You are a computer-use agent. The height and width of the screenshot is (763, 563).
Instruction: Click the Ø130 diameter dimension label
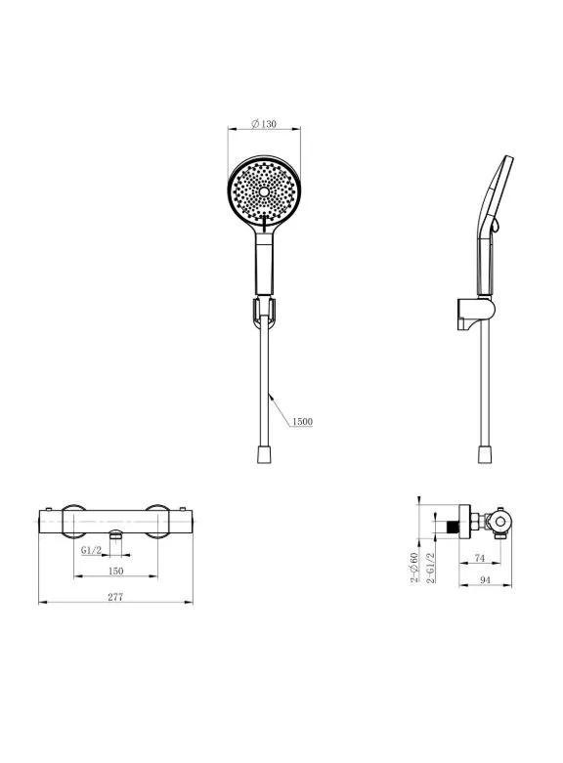(264, 124)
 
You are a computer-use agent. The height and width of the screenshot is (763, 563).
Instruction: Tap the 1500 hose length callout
(302, 421)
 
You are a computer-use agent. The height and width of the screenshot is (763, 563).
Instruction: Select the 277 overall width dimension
(115, 597)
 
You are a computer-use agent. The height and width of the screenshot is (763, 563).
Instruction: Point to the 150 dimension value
(115, 571)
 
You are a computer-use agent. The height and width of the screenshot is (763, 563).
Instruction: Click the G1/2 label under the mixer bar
(92, 550)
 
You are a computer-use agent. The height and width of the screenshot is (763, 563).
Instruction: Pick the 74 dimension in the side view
(480, 558)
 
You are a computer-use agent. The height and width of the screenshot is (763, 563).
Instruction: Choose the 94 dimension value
(485, 580)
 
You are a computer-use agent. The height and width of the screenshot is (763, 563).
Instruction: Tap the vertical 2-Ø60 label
(414, 568)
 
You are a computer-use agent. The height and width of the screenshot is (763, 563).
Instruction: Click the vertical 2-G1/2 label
(431, 568)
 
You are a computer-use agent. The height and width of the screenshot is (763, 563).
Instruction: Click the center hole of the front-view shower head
(264, 191)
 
